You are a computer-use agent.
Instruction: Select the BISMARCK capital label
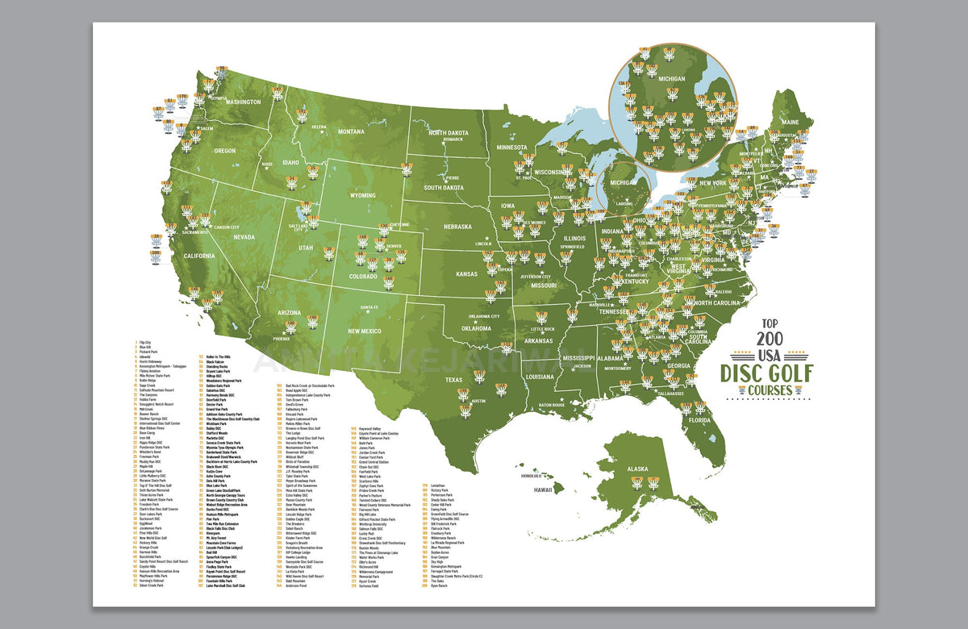[453, 140]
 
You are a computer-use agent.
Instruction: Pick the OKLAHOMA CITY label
[477, 316]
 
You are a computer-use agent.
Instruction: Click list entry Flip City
[145, 342]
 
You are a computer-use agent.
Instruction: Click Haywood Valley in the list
[369, 428]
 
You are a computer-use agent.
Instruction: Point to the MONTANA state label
[351, 131]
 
